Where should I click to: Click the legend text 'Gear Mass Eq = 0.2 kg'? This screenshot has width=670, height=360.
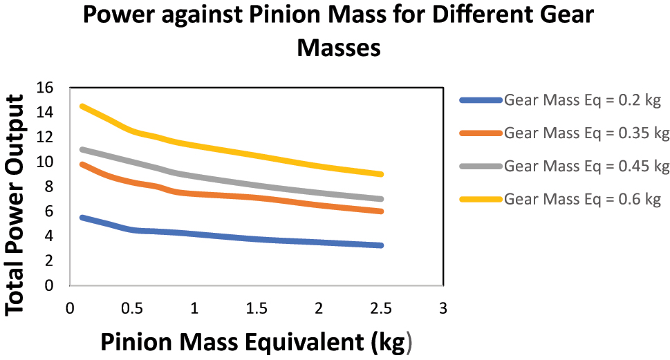click(x=583, y=100)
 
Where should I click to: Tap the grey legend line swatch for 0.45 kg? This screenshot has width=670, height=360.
click(x=480, y=167)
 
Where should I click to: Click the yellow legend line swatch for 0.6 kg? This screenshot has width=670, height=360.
click(x=480, y=200)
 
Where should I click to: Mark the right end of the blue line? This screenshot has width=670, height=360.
click(x=380, y=245)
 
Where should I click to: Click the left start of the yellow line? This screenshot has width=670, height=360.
click(x=82, y=106)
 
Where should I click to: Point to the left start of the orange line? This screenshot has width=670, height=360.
click(x=82, y=164)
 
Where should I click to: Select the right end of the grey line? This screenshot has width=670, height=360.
click(x=380, y=199)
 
